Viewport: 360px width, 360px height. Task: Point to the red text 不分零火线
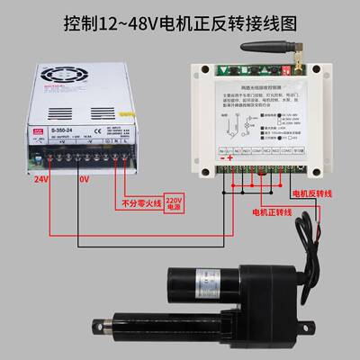point(139,203)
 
